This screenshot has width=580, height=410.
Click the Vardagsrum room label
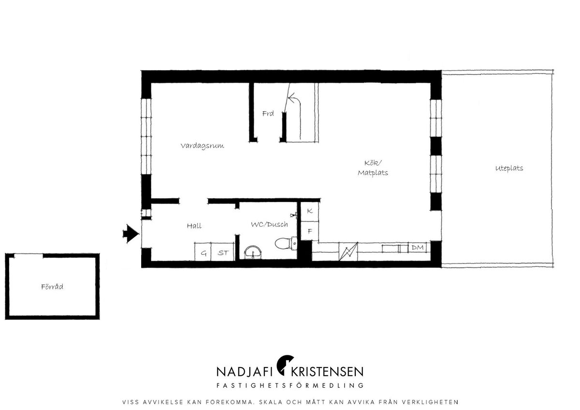pos(202,146)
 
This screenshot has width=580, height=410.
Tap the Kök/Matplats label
pos(373,168)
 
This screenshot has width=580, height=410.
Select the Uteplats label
pos(509,168)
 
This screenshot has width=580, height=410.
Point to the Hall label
pos(194,226)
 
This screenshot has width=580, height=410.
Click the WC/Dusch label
pos(269,224)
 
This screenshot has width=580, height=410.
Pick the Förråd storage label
pos(52,287)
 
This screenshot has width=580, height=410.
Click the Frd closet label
pos(268,114)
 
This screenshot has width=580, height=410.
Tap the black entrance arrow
pos(131,234)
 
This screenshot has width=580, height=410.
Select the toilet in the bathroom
pos(286,244)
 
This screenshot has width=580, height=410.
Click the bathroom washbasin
pos(253,252)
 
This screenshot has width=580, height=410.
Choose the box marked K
pos(310,212)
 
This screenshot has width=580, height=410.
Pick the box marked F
pos(310,231)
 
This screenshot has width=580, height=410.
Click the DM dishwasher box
pos(418,248)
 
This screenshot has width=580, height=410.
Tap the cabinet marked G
pos(203,252)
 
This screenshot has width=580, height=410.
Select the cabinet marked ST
pos(223,252)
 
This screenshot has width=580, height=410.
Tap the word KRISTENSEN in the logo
pos(327,372)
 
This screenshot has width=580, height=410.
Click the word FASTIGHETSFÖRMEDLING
pos(290,385)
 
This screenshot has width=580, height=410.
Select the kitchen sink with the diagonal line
pos(348,252)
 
